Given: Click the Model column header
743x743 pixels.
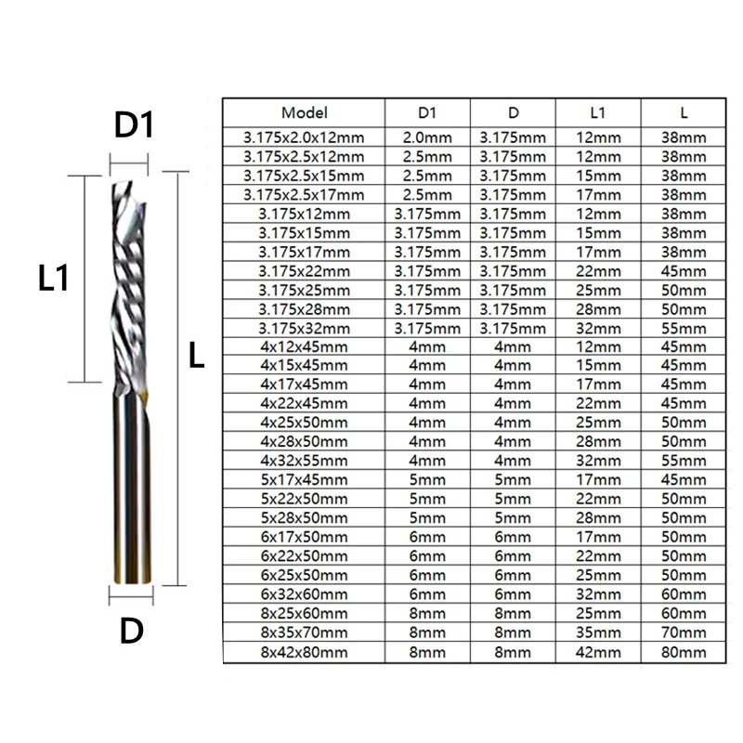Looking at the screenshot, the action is tap(305, 112).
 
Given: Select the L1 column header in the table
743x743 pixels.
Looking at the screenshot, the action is tap(598, 112).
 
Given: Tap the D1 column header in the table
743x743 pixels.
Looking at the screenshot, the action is tap(427, 112).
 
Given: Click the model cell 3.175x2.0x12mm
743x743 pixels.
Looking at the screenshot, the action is tap(304, 137).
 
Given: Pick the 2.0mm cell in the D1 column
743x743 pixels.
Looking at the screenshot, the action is tap(427, 137).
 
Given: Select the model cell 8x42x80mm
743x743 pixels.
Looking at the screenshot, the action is tap(305, 653).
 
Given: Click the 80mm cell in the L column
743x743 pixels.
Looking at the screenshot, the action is tap(684, 653).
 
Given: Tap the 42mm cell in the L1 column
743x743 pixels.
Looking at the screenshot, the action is tap(598, 653).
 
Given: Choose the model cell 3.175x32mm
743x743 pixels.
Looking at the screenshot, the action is tap(305, 329).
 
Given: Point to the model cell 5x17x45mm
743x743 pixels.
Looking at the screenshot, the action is tap(305, 480).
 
